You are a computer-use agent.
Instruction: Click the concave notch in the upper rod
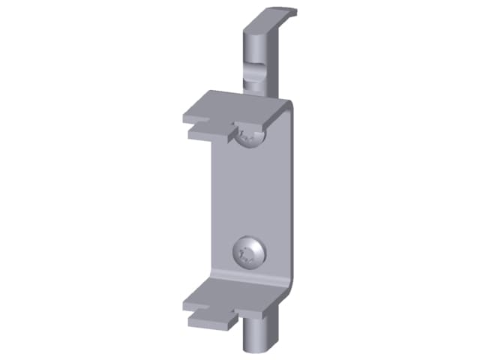[x=254, y=72]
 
